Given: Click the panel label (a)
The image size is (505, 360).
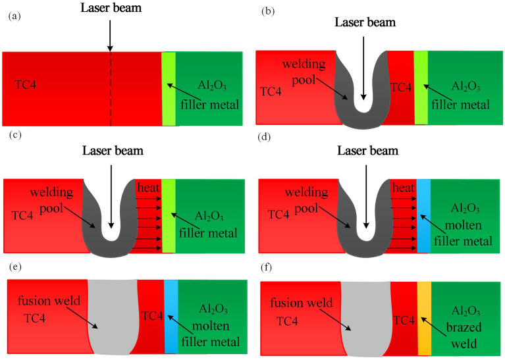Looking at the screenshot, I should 13,16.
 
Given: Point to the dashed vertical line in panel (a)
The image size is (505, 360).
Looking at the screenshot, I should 110,92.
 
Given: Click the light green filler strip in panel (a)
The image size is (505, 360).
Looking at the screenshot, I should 169,89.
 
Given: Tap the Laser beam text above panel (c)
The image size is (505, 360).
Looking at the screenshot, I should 112,151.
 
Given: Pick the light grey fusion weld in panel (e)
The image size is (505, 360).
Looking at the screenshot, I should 112,316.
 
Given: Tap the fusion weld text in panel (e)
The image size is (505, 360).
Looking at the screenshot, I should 44,301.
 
